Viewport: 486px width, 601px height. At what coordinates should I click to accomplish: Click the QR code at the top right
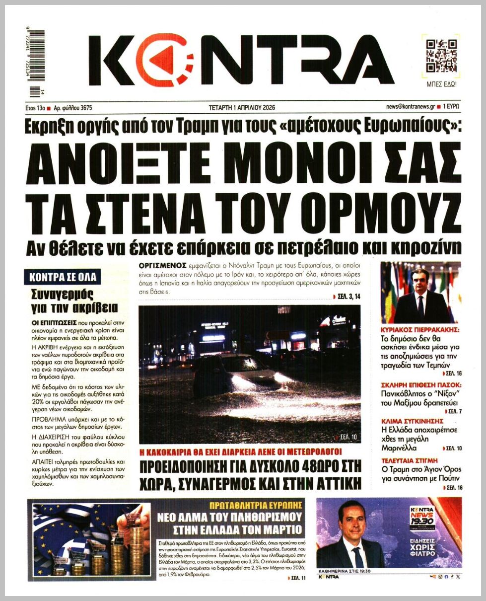441,55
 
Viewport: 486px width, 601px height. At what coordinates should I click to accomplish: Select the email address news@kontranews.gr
410,107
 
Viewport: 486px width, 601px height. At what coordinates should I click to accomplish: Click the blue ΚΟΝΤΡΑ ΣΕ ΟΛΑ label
63,277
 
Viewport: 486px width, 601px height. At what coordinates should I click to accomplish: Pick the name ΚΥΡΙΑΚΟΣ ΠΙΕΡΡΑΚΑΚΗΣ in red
419,329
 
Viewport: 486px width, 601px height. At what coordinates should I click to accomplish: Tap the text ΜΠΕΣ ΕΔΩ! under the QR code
441,84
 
